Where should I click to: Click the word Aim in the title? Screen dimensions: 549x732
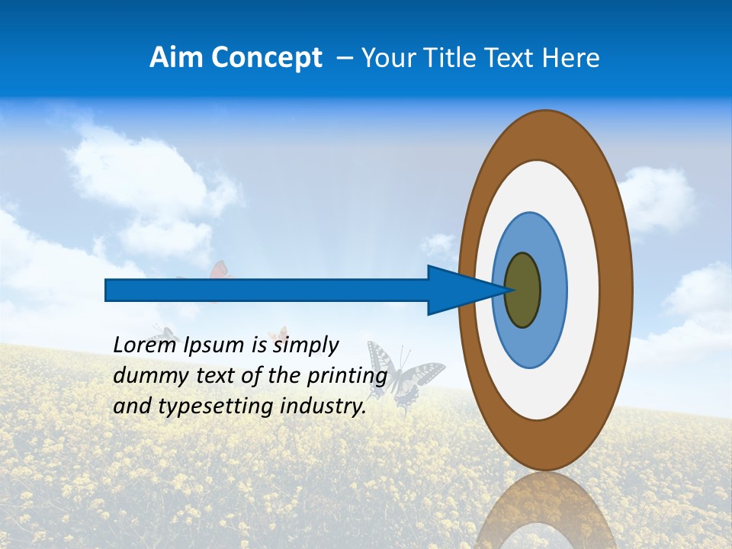coord(176,58)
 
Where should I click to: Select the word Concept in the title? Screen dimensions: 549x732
coord(266,59)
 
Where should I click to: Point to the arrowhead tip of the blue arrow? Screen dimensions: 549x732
coord(506,290)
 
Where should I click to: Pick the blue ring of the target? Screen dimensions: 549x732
coord(552,290)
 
